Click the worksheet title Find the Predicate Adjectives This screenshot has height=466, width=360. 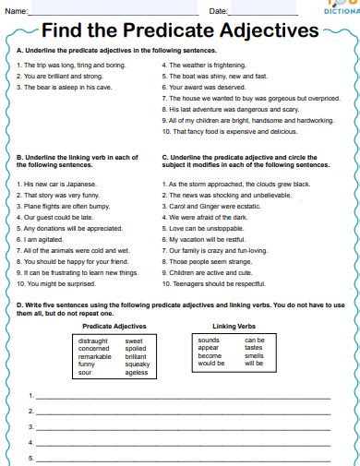[x=180, y=30]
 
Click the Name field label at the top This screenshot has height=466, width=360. [x=15, y=10]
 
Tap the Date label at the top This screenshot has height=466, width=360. [x=218, y=10]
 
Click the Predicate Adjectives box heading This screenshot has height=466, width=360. [x=114, y=326]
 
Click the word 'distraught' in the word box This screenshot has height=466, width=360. [x=94, y=341]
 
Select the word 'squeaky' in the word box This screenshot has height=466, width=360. [x=136, y=363]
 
